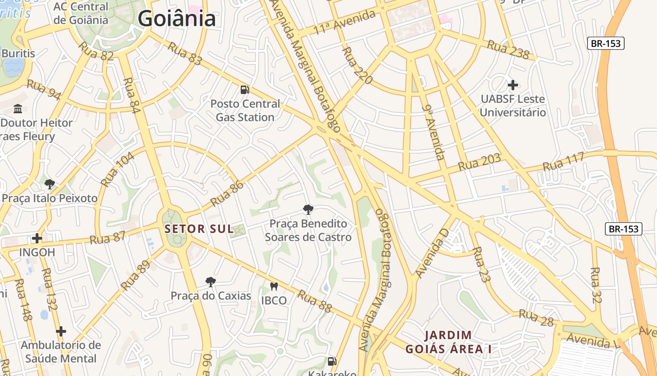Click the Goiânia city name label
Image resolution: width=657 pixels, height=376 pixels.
pyautogui.click(x=177, y=19)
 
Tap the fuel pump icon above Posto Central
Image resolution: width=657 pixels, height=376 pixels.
pyautogui.click(x=244, y=89)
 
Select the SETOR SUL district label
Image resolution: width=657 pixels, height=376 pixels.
pyautogui.click(x=199, y=229)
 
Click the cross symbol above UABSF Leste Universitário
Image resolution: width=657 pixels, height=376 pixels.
pyautogui.click(x=513, y=85)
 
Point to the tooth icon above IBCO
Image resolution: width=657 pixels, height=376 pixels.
pyautogui.click(x=274, y=286)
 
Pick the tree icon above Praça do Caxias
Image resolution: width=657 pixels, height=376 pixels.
pyautogui.click(x=211, y=282)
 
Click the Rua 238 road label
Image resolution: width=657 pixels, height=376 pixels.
pyautogui.click(x=508, y=49)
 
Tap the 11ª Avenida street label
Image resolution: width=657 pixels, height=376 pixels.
pyautogui.click(x=345, y=22)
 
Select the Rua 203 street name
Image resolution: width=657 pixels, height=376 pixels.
pyautogui.click(x=480, y=162)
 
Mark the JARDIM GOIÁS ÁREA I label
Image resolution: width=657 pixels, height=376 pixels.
pyautogui.click(x=448, y=342)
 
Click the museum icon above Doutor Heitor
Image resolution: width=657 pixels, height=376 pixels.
pyautogui.click(x=18, y=109)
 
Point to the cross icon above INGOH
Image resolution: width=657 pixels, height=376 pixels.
pyautogui.click(x=37, y=238)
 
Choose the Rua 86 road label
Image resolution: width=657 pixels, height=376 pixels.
pyautogui.click(x=227, y=194)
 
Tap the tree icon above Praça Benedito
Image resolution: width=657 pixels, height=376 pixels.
pyautogui.click(x=308, y=209)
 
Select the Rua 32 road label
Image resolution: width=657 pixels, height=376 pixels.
pyautogui.click(x=596, y=285)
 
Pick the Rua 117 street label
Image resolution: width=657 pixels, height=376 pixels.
pyautogui.click(x=563, y=161)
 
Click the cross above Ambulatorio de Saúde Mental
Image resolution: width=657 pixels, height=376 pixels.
pyautogui.click(x=61, y=331)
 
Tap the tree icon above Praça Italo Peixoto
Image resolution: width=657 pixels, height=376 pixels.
pyautogui.click(x=50, y=184)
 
